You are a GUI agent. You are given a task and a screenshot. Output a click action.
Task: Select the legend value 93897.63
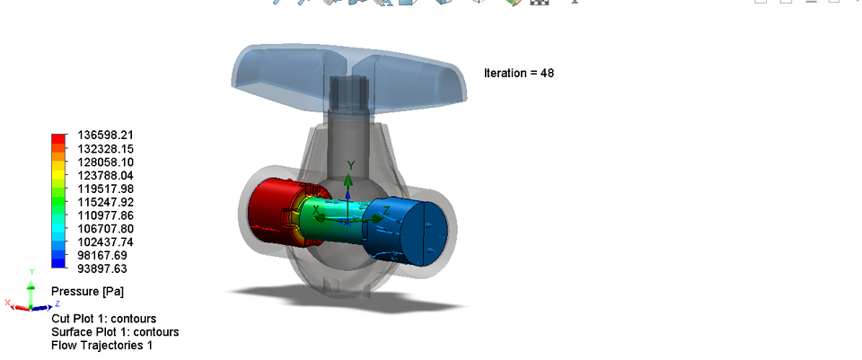(101, 268)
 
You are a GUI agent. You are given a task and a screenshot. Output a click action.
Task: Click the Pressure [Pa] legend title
(87, 292)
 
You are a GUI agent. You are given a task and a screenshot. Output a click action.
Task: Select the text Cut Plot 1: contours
(103, 319)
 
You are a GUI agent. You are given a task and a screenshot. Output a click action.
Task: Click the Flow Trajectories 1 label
(101, 345)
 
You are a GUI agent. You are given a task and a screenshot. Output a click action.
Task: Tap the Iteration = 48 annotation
(518, 73)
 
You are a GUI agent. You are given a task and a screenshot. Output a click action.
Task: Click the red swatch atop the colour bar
(58, 137)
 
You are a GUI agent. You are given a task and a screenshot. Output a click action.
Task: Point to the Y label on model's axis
(351, 163)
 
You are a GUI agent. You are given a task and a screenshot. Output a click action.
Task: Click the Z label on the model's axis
(386, 210)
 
